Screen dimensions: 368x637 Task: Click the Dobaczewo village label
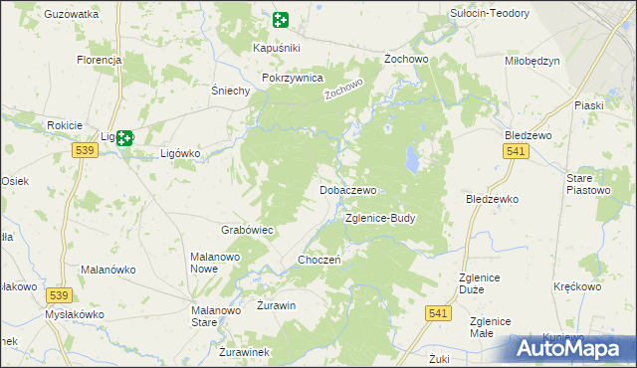click(x=347, y=190)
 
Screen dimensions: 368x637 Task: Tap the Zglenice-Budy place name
click(x=380, y=218)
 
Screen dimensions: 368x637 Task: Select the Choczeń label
click(x=320, y=261)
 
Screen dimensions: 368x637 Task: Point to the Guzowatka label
click(x=72, y=15)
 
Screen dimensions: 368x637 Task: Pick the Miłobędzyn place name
click(x=532, y=61)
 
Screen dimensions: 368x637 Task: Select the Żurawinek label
click(x=244, y=352)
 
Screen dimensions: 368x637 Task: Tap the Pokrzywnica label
click(x=293, y=78)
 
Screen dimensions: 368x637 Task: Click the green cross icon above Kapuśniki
click(x=280, y=20)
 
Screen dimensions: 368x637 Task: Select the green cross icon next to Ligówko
click(x=124, y=139)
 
